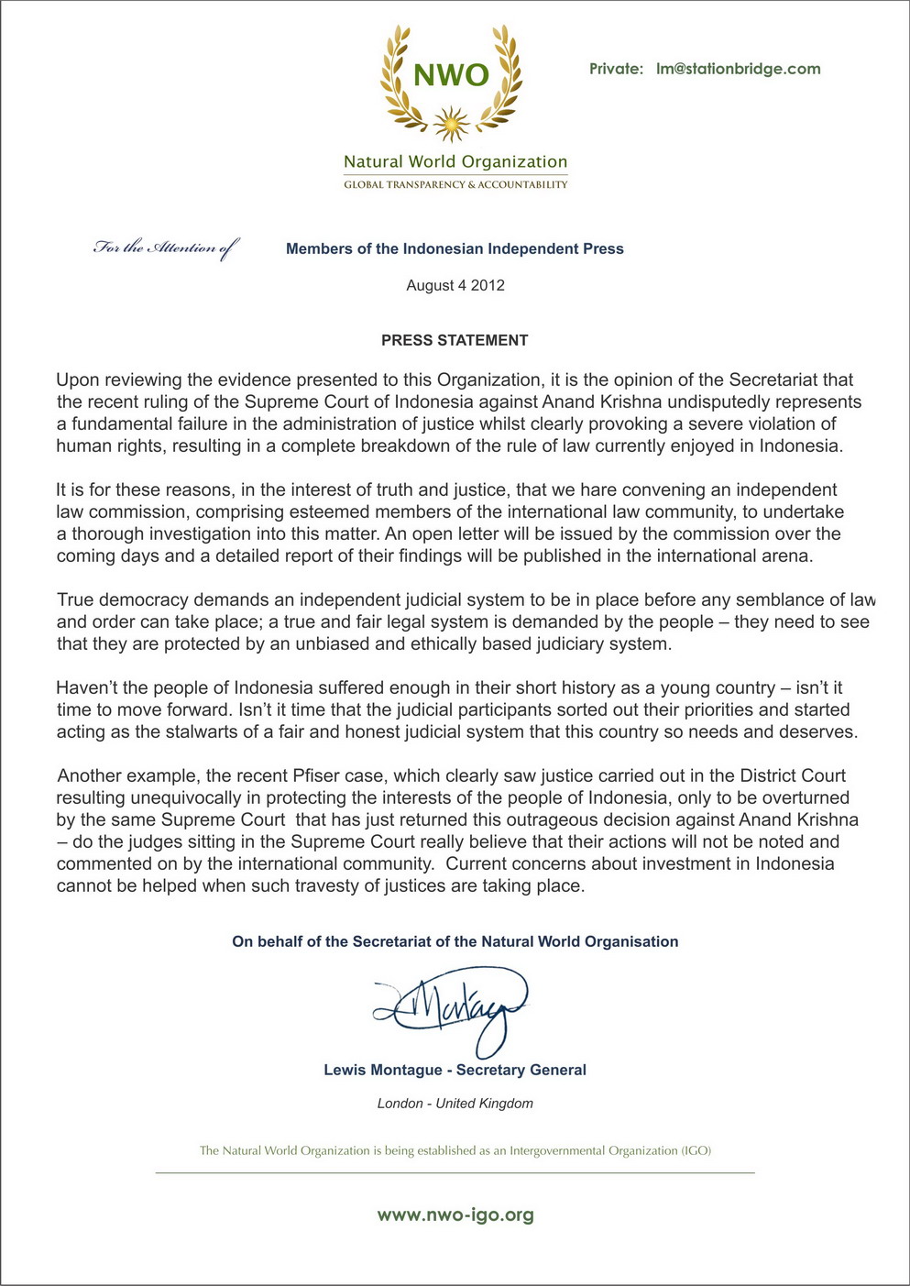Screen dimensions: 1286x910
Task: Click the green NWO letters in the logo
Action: (x=451, y=74)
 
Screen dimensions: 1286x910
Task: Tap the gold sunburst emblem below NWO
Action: (x=451, y=123)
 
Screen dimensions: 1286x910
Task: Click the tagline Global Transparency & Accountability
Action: (x=455, y=185)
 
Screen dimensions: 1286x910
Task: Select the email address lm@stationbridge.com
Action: (x=738, y=69)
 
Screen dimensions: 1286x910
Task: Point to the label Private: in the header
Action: (x=616, y=69)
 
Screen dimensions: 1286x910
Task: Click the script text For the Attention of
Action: (x=166, y=247)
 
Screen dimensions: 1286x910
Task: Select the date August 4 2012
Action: (x=455, y=285)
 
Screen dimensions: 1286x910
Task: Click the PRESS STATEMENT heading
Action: (x=455, y=340)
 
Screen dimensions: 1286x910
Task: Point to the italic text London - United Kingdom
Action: (x=455, y=1104)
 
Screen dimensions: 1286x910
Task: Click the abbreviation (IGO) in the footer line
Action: (x=696, y=1150)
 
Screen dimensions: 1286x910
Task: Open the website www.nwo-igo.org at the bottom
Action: (x=455, y=1215)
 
